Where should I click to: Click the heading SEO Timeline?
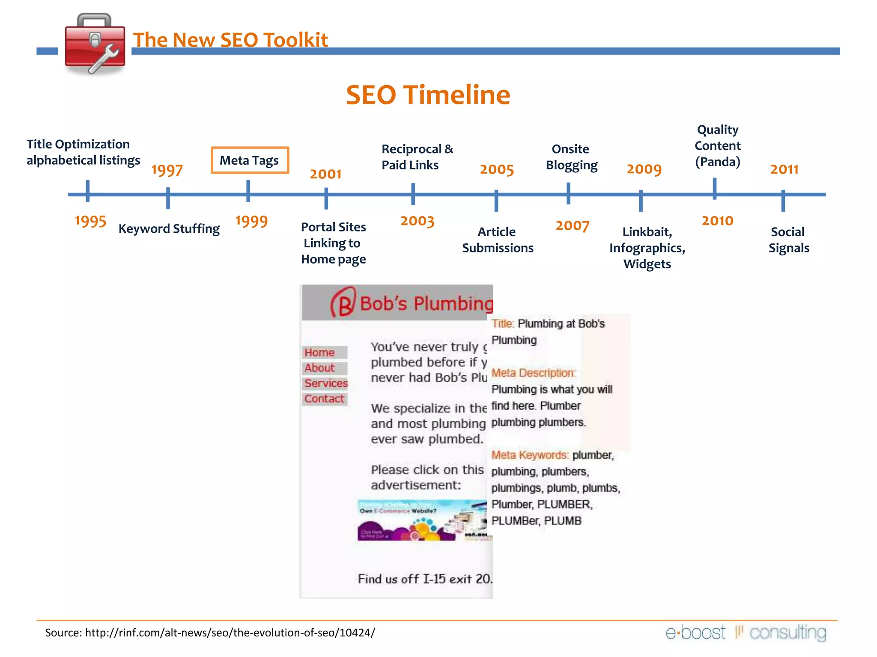point(428,95)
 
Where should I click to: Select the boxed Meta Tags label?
point(250,160)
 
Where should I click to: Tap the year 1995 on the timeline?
point(90,221)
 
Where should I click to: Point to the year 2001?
point(325,174)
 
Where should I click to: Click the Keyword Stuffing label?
point(169,229)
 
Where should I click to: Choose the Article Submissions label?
point(497,240)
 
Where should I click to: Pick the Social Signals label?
point(788,240)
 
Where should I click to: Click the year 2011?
point(784,169)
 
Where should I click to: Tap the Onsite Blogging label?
point(571,157)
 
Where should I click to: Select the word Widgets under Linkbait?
point(647,264)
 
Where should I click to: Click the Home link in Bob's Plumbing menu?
point(319,352)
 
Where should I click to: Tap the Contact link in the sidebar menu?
point(324,399)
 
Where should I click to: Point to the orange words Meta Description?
point(533,373)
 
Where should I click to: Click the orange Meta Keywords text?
point(530,455)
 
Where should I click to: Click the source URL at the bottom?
point(230,633)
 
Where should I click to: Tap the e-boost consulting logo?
point(746,633)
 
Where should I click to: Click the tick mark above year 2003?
point(413,194)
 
